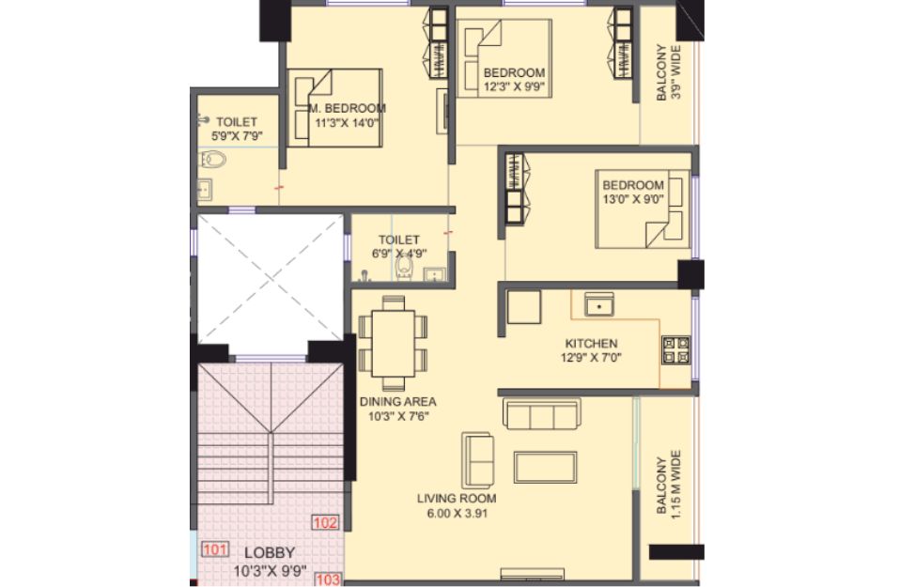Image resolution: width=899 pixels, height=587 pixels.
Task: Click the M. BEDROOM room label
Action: (x=348, y=108)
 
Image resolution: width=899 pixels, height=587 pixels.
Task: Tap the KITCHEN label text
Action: (x=591, y=344)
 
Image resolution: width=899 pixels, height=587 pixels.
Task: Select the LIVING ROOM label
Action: (x=457, y=498)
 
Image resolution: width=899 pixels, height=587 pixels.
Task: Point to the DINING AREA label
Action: (x=398, y=401)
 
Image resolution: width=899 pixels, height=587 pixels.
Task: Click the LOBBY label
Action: (x=270, y=552)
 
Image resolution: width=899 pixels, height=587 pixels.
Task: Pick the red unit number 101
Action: (x=215, y=549)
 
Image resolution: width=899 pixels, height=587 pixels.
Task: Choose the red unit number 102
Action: (x=325, y=522)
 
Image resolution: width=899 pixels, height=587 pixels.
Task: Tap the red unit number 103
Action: (x=328, y=579)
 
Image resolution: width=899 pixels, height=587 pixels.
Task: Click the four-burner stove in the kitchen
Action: (x=676, y=350)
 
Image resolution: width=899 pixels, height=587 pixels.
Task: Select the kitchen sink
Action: (x=599, y=304)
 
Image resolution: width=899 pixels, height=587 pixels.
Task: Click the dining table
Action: (x=394, y=343)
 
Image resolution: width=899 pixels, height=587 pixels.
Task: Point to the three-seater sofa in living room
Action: (x=542, y=413)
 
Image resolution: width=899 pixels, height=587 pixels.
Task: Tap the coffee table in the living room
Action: (x=545, y=467)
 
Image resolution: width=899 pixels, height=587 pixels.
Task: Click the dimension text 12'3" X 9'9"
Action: (x=514, y=87)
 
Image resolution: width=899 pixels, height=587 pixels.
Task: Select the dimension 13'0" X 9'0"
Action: (x=633, y=199)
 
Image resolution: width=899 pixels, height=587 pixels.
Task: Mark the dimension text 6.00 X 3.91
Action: (x=457, y=513)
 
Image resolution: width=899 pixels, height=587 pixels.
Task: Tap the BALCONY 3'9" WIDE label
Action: (x=669, y=72)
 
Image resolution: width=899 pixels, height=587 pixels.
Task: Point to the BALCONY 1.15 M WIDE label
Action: (x=669, y=485)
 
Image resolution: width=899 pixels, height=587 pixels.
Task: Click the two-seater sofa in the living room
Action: (x=477, y=460)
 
